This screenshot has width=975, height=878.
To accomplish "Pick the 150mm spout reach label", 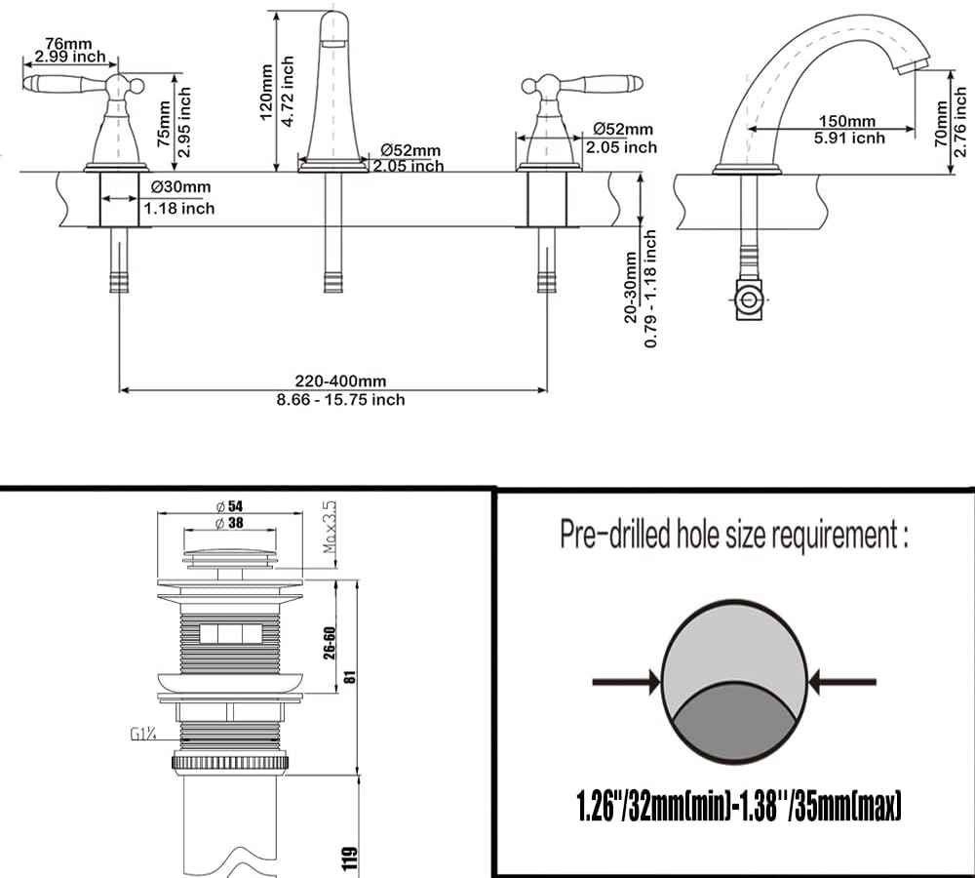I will (845, 121).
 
